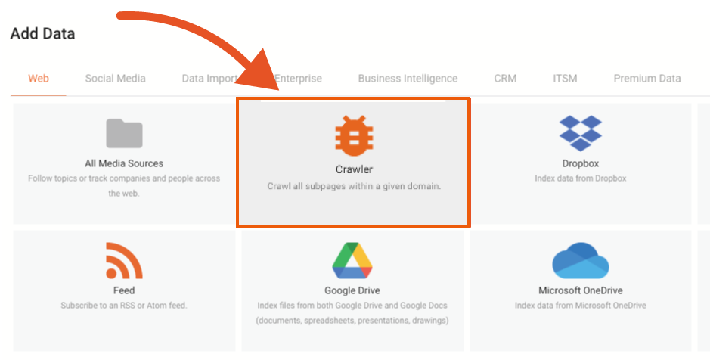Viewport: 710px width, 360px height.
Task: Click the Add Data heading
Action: coord(42,34)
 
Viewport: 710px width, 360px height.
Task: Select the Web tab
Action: coord(39,78)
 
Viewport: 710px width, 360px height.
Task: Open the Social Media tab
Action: coord(115,78)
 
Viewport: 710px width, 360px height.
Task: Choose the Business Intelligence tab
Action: coord(408,78)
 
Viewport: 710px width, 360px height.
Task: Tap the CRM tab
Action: coord(505,78)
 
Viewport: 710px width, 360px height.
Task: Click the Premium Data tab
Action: coord(646,78)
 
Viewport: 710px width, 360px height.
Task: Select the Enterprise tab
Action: coord(299,78)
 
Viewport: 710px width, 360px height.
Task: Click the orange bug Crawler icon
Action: coord(354,136)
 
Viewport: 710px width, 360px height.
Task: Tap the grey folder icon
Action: coord(124,134)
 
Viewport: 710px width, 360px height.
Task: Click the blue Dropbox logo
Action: coord(580,133)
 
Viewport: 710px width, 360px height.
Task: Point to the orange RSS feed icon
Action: coord(124,261)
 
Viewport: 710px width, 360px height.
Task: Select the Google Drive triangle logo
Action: coord(352,261)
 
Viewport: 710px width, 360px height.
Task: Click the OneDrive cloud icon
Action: coord(580,261)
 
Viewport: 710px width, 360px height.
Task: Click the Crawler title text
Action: coord(354,169)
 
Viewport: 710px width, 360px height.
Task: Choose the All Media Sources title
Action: coord(124,163)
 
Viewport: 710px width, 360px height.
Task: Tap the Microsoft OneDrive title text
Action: coord(580,290)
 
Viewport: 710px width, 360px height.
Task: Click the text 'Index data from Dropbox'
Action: coord(580,178)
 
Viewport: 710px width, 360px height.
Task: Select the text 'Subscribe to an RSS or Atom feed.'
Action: coord(124,306)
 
